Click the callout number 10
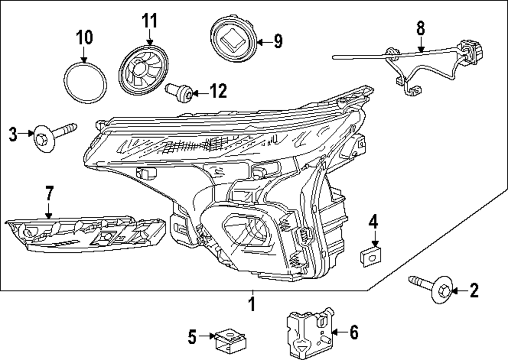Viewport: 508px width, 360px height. click(x=85, y=37)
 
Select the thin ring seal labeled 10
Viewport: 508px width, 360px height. click(x=86, y=81)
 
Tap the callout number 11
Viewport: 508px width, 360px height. click(x=149, y=21)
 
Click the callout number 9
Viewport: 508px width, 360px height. click(x=278, y=41)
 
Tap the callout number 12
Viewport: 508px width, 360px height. click(x=218, y=91)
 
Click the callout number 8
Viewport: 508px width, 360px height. click(x=420, y=28)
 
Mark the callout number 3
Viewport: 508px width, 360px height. click(x=14, y=135)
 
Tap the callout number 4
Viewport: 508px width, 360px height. click(x=373, y=221)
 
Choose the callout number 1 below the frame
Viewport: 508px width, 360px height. click(x=251, y=305)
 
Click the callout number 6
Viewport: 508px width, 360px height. click(x=354, y=333)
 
